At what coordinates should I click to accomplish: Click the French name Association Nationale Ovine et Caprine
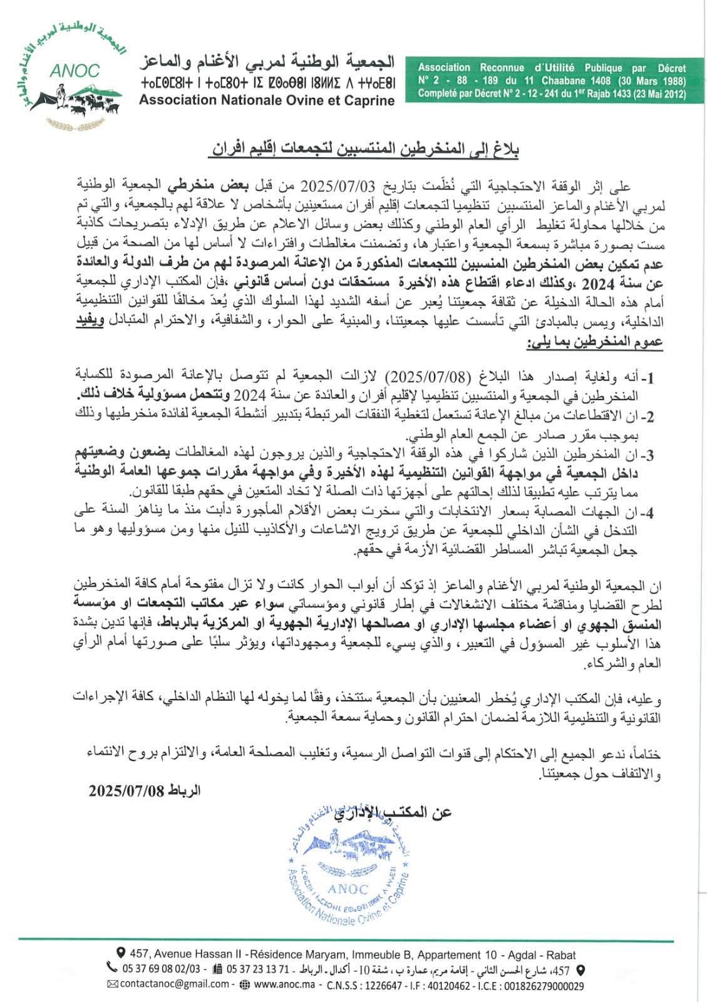(x=267, y=100)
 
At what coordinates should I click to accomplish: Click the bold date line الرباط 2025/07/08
(x=145, y=790)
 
